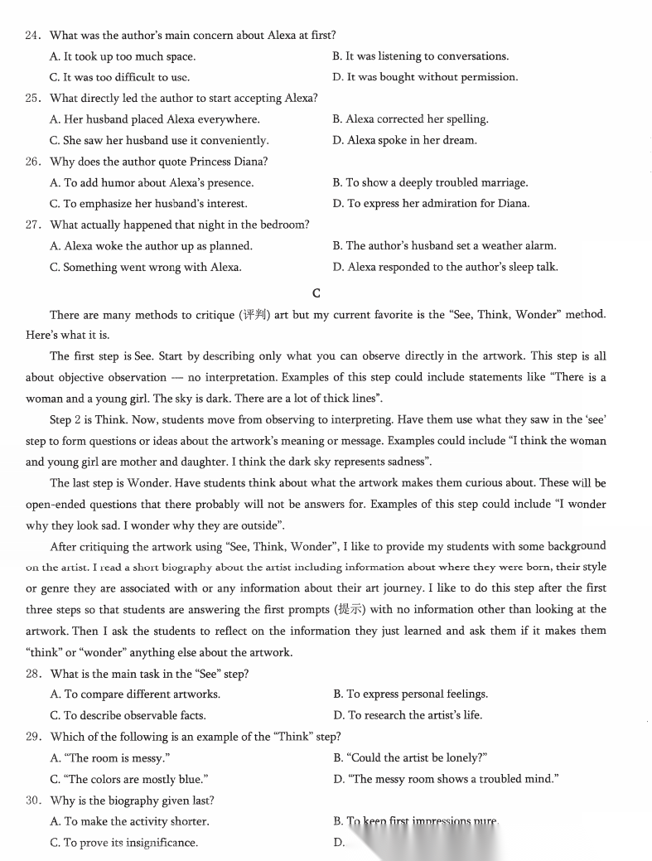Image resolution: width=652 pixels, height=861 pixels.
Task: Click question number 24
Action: (x=34, y=36)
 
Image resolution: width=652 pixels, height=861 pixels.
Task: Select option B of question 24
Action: (x=420, y=56)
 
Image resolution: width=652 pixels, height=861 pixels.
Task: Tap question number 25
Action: (x=34, y=99)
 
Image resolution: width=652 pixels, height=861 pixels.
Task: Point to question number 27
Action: (x=34, y=225)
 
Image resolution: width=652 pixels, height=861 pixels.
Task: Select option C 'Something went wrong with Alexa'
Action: (x=146, y=267)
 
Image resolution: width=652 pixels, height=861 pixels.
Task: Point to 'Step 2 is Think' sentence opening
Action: (x=89, y=420)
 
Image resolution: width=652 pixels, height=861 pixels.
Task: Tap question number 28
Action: (x=34, y=674)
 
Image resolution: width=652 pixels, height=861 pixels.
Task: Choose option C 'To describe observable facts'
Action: (x=128, y=715)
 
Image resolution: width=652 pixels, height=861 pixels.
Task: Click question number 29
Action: (x=34, y=737)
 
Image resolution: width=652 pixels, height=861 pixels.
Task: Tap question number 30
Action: (x=34, y=801)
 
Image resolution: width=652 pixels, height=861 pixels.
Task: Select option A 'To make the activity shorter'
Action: (x=129, y=822)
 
